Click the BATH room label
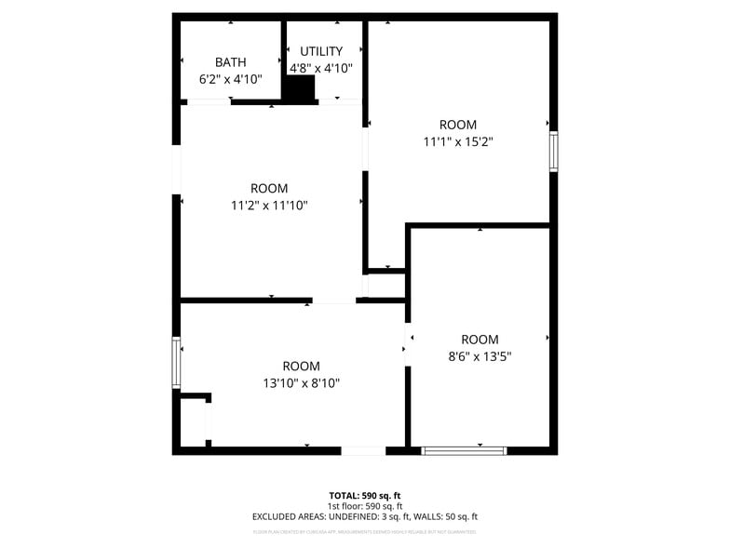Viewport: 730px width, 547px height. pos(231,62)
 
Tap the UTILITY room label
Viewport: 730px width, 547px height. pos(321,51)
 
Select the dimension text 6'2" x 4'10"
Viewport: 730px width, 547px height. pos(231,79)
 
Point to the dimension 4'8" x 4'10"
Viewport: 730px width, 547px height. pos(321,68)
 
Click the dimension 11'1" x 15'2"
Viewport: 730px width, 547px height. pos(457,142)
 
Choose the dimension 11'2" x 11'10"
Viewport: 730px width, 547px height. pos(269,206)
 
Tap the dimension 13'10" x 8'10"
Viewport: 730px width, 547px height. pos(301,382)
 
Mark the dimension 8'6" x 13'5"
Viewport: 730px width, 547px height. pos(480,356)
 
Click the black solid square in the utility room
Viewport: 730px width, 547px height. pos(300,88)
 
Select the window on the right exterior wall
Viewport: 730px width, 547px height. pos(553,151)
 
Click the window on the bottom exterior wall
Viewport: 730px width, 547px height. pos(464,450)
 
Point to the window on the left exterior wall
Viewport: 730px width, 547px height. pos(175,363)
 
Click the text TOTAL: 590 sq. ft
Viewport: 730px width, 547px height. pos(365,496)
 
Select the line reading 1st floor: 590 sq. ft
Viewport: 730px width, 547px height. pos(365,506)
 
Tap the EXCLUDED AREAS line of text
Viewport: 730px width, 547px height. pos(365,516)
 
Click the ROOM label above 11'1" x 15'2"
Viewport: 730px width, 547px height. pos(457,125)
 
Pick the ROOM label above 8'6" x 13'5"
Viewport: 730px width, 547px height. pos(480,340)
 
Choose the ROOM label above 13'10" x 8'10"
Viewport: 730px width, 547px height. pos(301,366)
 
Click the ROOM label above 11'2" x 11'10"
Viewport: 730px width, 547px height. pos(269,188)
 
